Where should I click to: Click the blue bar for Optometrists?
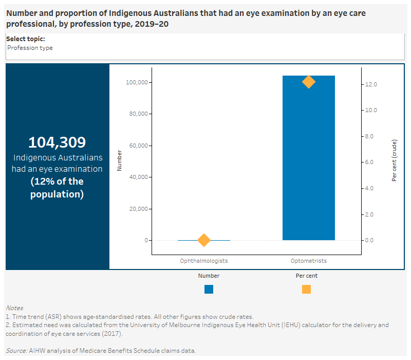pos(308,159)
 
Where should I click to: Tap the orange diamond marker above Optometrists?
pos(308,82)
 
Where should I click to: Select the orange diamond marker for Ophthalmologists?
pos(204,240)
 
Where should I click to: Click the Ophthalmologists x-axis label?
pos(204,261)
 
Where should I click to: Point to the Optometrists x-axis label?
pos(308,261)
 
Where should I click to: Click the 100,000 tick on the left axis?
pos(137,82)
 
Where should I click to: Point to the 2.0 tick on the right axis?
pos(371,214)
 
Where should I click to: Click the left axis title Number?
pos(119,160)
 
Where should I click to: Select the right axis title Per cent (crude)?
pos(395,160)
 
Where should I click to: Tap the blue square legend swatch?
pos(209,290)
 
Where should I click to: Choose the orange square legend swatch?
pos(306,290)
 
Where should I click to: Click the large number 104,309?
pos(57,142)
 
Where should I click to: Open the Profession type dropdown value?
pos(30,48)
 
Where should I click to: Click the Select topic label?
pos(25,39)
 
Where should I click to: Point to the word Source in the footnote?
pos(16,351)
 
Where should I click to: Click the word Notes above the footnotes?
pos(14,308)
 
